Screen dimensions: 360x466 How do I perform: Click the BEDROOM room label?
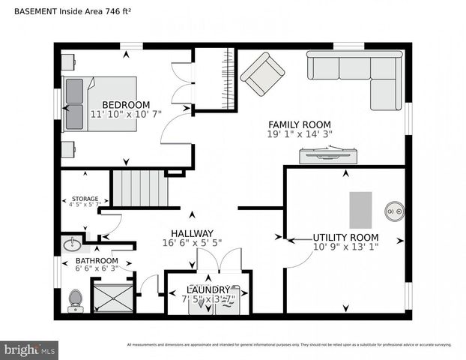coord(126,105)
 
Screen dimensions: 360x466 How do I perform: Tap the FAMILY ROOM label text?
coord(300,124)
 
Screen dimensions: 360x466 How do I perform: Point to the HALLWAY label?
coord(192,233)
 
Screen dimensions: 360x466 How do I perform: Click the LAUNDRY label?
coord(208,289)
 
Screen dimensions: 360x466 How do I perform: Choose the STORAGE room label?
coord(85,199)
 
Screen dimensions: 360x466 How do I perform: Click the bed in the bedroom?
coord(99,104)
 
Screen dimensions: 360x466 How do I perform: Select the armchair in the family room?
coord(262,73)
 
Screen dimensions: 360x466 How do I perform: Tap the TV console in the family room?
coord(327,155)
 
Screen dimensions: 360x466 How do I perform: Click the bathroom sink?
coord(73,244)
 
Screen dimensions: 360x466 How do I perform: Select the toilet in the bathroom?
coord(75,299)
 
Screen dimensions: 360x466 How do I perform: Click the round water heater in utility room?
coord(395,212)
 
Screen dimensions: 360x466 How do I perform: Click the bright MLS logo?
coord(30,349)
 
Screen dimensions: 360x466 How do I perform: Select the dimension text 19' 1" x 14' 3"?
coord(300,134)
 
